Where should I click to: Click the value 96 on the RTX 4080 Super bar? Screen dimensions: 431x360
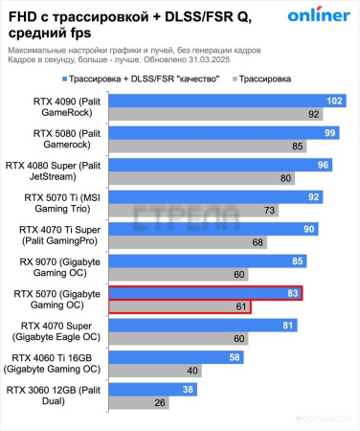tap(324, 164)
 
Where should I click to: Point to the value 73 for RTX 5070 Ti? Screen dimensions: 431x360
tap(269, 211)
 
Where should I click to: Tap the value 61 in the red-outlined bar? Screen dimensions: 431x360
tap(239, 307)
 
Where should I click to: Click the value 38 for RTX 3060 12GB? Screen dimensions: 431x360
tap(189, 391)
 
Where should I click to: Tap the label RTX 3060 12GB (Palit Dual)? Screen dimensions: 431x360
tap(54, 397)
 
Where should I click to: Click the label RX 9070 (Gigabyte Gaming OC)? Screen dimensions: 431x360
tap(55, 268)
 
